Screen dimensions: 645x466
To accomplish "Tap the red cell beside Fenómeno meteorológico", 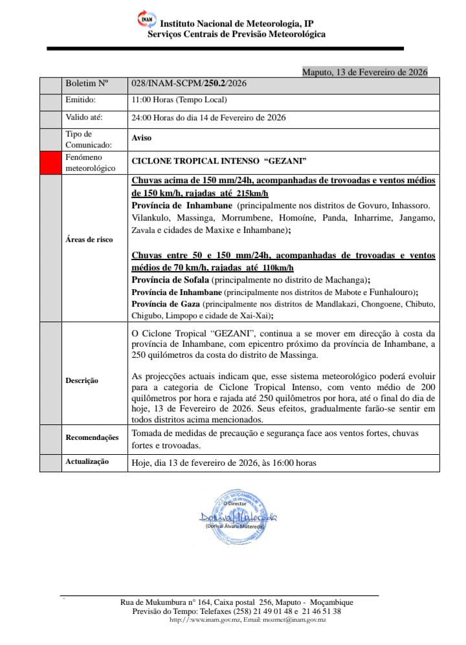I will [50, 162].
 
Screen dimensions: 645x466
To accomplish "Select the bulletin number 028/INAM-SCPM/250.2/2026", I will [189, 83].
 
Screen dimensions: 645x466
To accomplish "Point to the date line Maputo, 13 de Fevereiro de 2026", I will [365, 72].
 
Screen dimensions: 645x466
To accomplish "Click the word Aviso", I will [142, 138].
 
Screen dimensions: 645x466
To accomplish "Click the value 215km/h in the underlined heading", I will [252, 193].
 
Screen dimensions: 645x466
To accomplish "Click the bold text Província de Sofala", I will [170, 279].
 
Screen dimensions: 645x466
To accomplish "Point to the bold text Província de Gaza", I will [166, 303].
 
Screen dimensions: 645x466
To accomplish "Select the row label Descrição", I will [82, 380].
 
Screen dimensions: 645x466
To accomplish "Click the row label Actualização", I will [87, 461].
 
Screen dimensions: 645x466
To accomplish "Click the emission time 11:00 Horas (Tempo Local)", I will [179, 100].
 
